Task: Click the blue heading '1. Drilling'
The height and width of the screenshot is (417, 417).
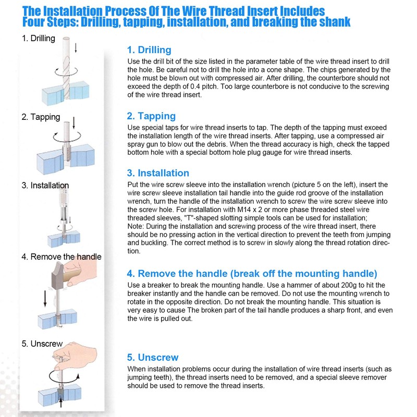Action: [149, 50]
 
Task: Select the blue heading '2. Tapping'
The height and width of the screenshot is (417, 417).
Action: [151, 116]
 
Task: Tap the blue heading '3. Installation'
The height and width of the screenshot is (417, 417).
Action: [158, 173]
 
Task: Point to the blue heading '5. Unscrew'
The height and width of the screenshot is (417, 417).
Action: [153, 358]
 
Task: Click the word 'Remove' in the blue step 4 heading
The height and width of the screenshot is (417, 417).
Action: [159, 274]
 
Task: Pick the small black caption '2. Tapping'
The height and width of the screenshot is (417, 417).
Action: [41, 117]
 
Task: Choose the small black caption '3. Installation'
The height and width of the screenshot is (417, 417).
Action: [45, 186]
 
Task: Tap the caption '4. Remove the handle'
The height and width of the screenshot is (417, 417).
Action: [62, 256]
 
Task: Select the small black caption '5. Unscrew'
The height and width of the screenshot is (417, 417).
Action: [42, 344]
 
